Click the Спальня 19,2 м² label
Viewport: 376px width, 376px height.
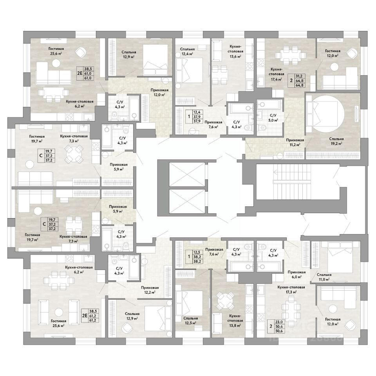click(x=336, y=141)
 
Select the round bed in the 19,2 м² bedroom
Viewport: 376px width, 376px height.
click(x=328, y=113)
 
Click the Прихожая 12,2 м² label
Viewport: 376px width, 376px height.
click(x=150, y=290)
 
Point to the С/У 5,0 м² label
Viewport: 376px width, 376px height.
click(x=273, y=117)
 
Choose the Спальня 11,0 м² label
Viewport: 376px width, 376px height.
click(x=324, y=277)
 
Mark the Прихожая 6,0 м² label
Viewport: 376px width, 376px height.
click(x=296, y=274)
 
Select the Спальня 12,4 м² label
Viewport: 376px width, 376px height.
click(x=187, y=51)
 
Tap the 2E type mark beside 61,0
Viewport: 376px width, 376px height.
click(x=80, y=73)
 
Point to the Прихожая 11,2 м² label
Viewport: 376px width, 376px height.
click(x=295, y=142)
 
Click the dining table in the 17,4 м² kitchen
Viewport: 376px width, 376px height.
click(x=290, y=55)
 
